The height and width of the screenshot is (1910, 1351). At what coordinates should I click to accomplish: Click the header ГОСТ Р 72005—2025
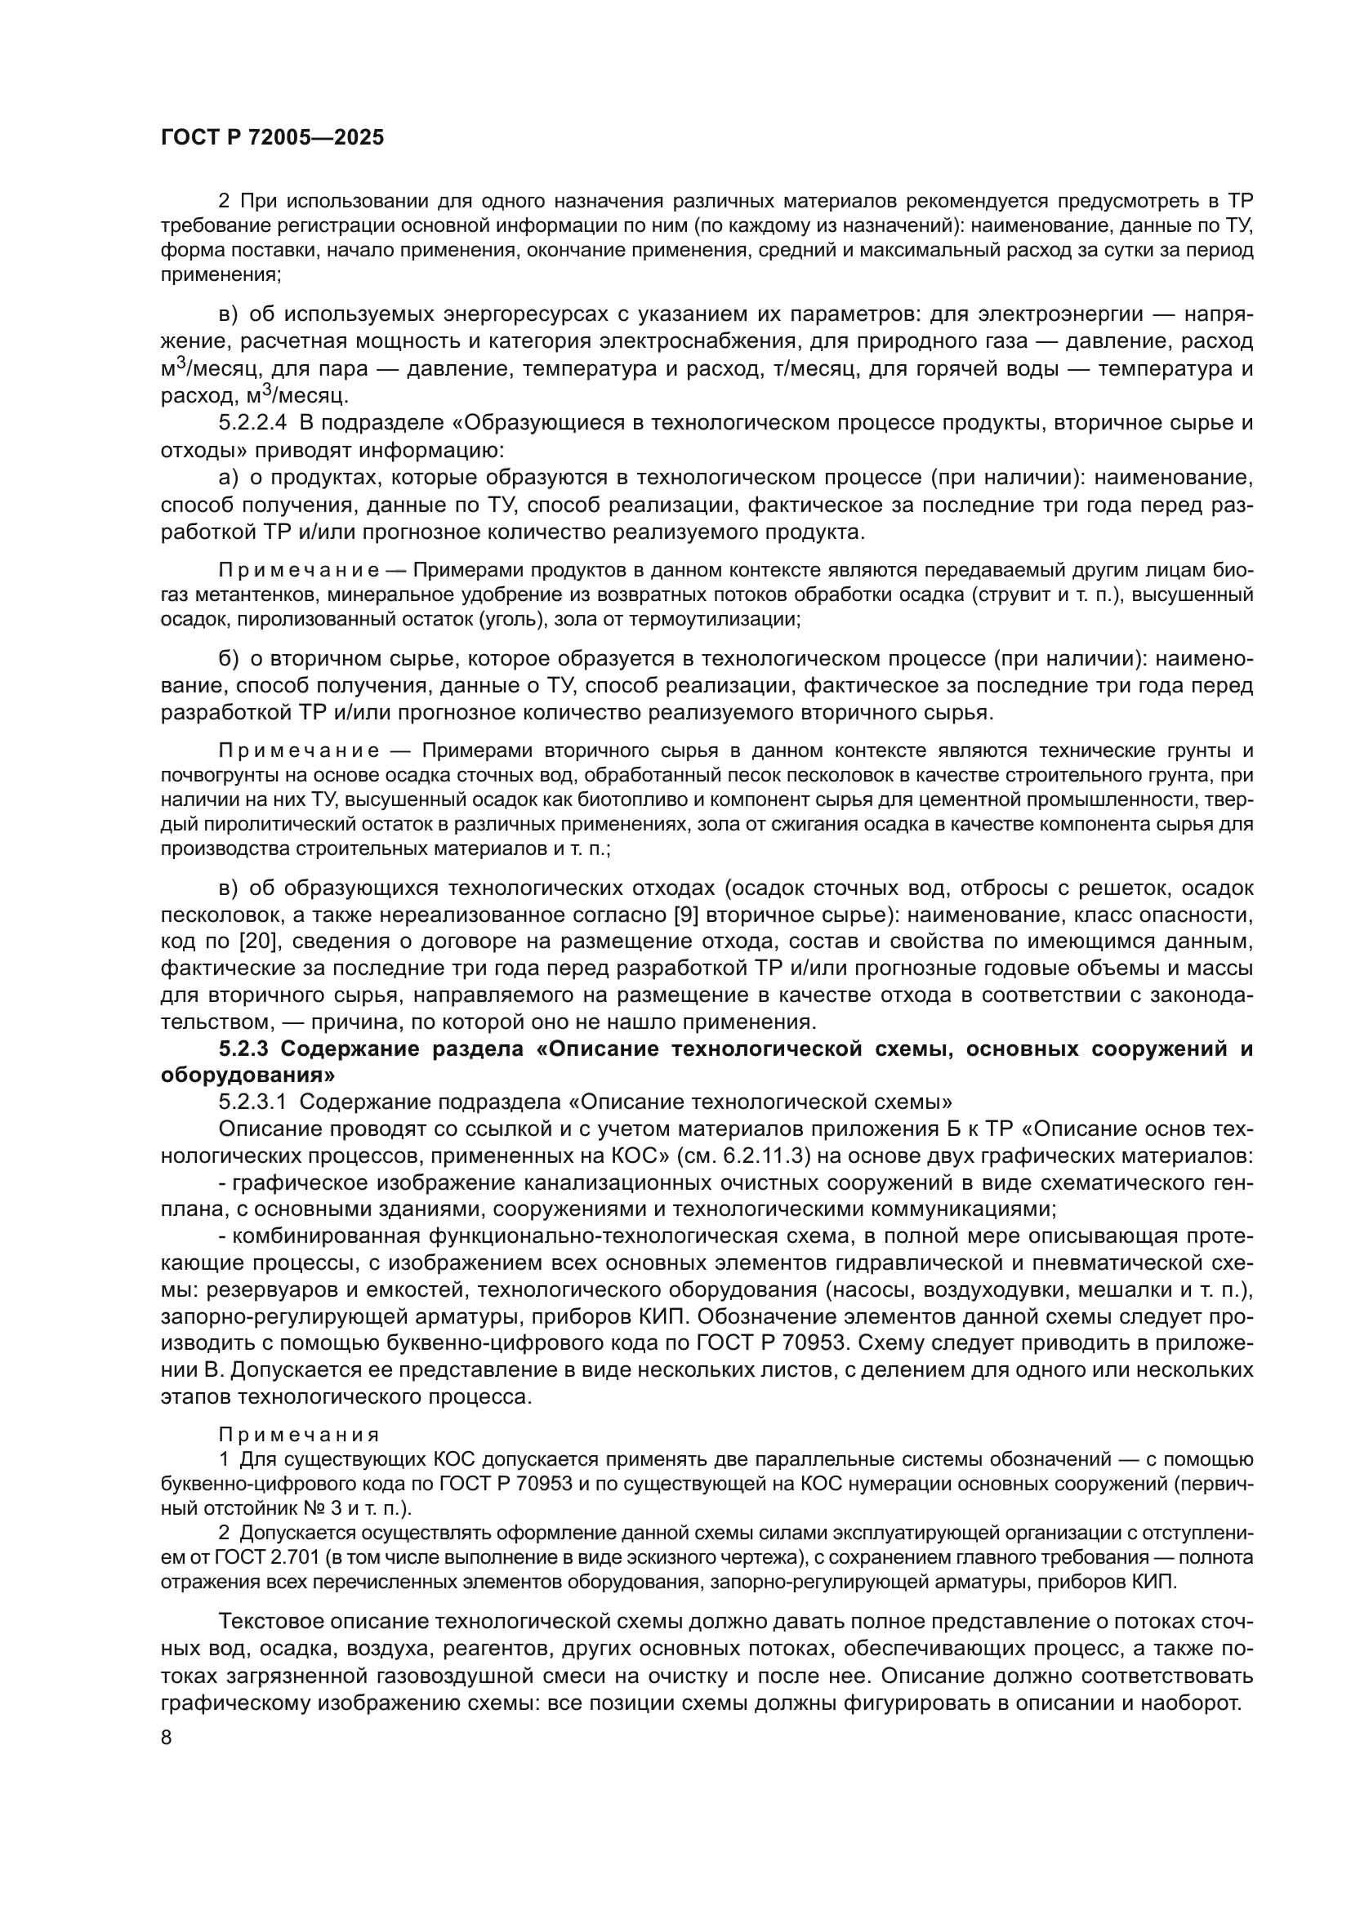click(x=272, y=138)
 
